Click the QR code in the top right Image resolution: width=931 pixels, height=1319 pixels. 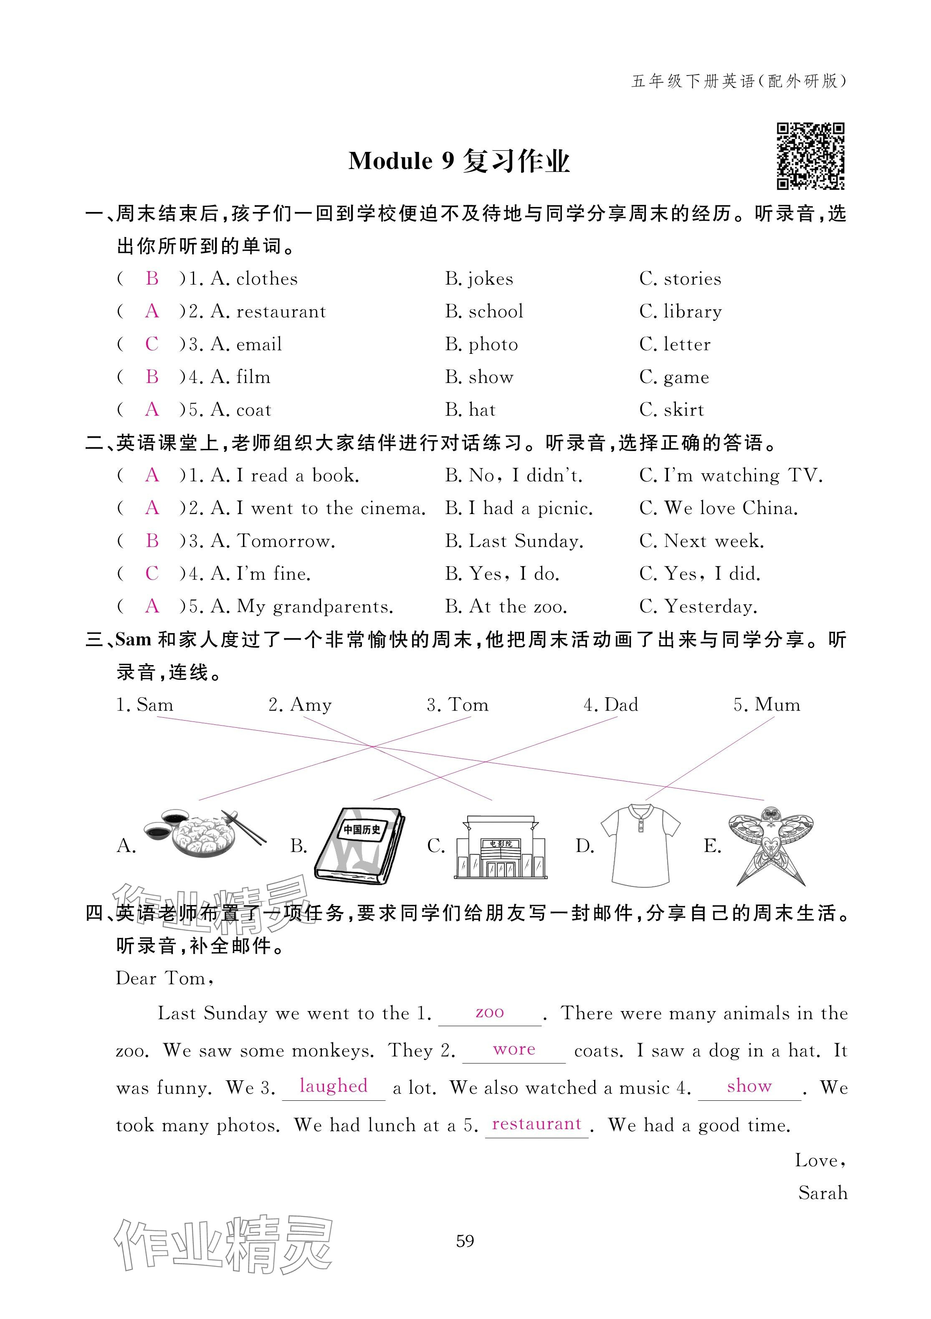810,156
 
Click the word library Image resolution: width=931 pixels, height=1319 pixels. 693,312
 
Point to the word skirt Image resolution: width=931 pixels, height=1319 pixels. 683,410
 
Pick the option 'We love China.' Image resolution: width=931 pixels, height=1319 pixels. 731,508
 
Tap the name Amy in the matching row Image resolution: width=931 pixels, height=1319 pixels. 311,705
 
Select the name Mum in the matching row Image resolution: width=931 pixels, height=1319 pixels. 777,705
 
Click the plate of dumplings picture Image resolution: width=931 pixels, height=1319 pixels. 204,834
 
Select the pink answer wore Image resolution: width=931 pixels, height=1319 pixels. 514,1049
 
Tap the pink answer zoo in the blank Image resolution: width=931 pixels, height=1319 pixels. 490,1012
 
